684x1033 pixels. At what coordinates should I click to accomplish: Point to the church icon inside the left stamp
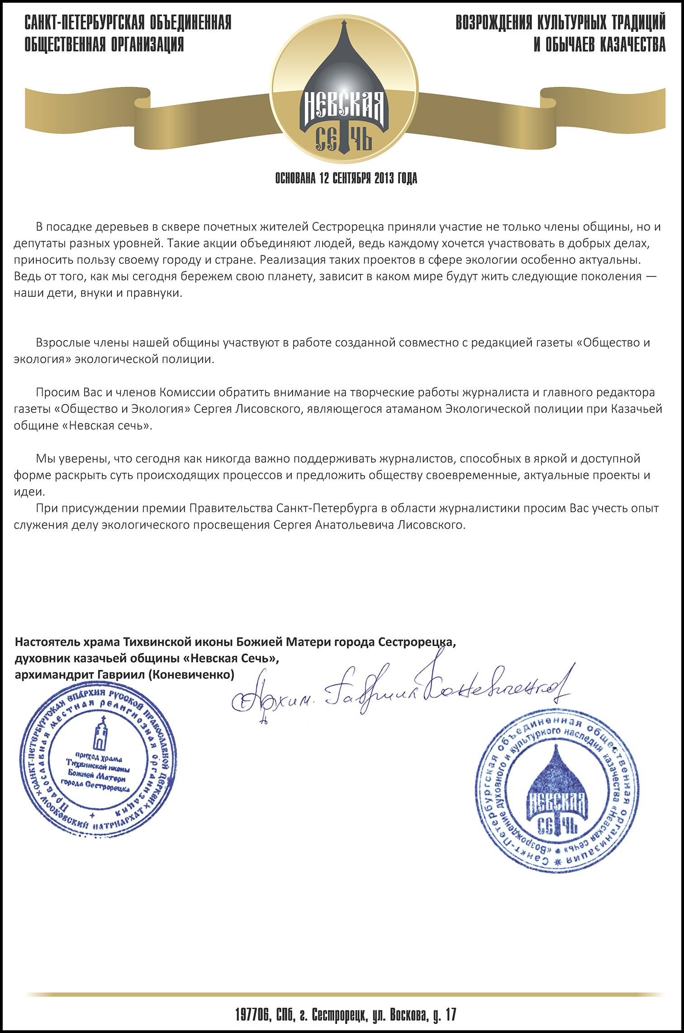(100, 734)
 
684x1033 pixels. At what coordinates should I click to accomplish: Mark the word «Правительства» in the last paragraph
(231, 508)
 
